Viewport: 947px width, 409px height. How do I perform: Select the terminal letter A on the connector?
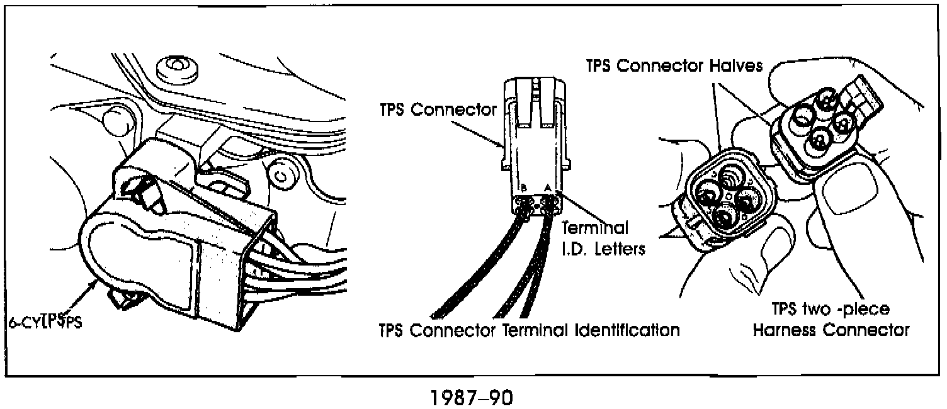[x=547, y=188]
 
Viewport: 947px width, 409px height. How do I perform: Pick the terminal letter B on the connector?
[x=523, y=188]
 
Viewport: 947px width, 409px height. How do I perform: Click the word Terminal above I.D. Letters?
[x=594, y=227]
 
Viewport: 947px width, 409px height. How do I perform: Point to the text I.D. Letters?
[x=603, y=248]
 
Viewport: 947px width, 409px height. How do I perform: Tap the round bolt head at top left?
[x=176, y=65]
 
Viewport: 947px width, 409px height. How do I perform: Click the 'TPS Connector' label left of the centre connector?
[x=438, y=109]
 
